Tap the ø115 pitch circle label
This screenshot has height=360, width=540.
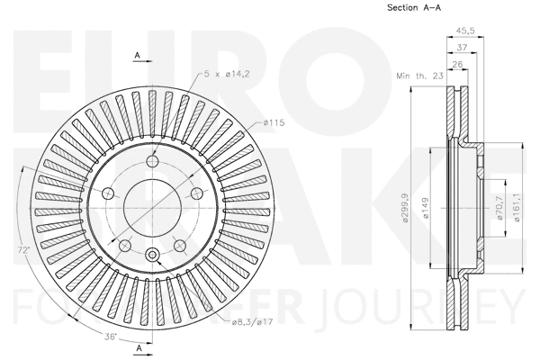point(274,121)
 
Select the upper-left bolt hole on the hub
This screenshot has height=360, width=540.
point(107,193)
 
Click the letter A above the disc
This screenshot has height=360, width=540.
point(138,56)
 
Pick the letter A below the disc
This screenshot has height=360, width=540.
point(138,347)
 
